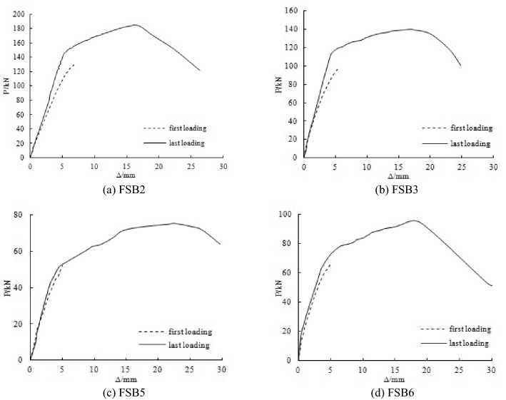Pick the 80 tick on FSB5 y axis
(x=20, y=215)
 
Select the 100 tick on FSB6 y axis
(x=289, y=214)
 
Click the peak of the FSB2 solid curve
(x=135, y=25)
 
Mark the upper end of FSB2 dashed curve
(x=74, y=64)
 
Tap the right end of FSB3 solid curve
(x=461, y=66)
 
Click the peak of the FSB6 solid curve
(x=413, y=220)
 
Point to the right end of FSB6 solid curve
(x=492, y=286)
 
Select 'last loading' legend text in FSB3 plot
(x=470, y=143)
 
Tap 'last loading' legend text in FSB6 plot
(x=468, y=343)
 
